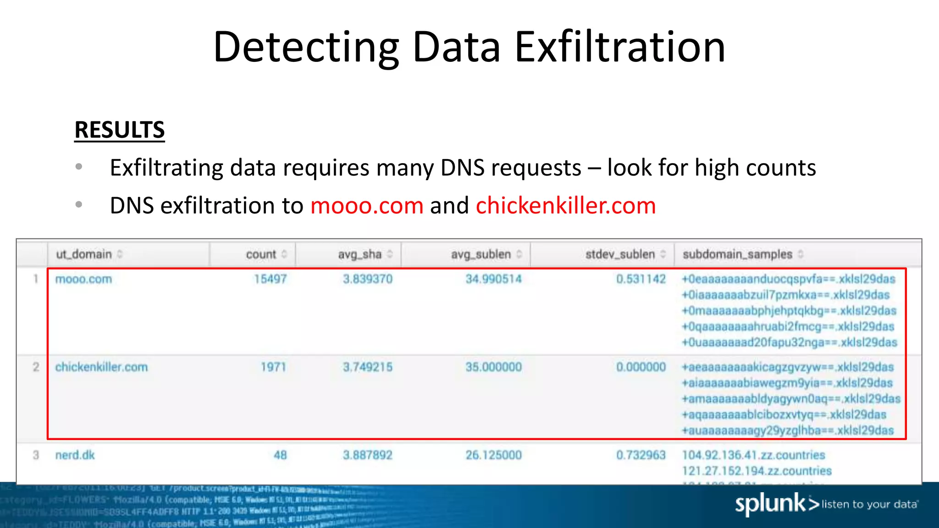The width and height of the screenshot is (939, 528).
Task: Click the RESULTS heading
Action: pos(119,130)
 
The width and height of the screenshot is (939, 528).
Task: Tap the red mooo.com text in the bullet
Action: pos(367,205)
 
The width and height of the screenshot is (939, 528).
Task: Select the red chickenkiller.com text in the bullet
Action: pos(566,205)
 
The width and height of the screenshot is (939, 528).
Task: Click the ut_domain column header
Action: pos(84,254)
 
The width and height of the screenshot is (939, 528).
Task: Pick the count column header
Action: pos(261,254)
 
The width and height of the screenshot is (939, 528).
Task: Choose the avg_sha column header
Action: pos(359,254)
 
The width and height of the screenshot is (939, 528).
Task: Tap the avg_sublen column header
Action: pos(481,254)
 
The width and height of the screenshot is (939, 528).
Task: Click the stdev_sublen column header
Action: pos(620,254)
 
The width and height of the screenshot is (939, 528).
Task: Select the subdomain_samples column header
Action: pos(737,254)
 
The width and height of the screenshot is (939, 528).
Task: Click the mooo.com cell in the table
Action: pos(83,279)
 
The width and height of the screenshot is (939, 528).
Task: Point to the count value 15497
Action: pos(271,279)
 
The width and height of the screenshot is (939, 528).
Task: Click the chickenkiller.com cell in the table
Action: pos(101,367)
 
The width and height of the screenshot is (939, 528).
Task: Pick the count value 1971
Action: pos(273,367)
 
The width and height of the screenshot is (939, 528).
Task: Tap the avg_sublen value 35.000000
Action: pos(493,367)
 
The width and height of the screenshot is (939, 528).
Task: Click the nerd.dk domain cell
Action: pos(75,455)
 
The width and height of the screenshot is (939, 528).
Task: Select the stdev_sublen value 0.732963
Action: pos(641,455)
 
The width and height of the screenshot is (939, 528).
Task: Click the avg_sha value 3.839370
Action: pos(368,279)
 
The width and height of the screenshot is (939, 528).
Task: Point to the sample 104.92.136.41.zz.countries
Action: pos(753,455)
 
